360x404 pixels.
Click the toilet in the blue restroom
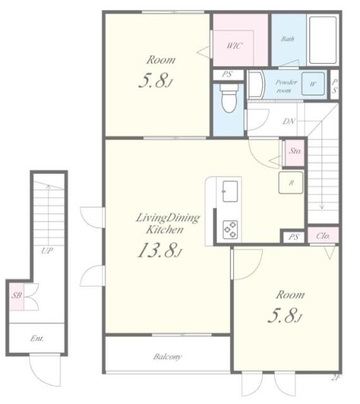[x=229, y=98]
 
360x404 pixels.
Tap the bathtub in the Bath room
[x=323, y=40]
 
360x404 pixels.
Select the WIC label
[x=234, y=46]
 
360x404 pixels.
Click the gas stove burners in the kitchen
[x=231, y=229]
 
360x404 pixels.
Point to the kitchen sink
[x=230, y=191]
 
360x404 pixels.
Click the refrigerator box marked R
[x=291, y=182]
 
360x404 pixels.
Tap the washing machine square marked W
[x=313, y=84]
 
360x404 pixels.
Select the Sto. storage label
[x=295, y=151]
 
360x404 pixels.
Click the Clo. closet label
[x=323, y=235]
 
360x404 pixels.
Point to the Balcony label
[x=167, y=357]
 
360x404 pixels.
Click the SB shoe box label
[x=17, y=295]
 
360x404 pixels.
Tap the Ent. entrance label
[x=37, y=338]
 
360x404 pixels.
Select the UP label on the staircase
[x=47, y=251]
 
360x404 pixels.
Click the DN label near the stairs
[x=289, y=121]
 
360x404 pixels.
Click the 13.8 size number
[x=158, y=250]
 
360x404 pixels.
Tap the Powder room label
[x=285, y=86]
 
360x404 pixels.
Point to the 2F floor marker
[x=335, y=378]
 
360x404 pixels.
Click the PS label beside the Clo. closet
[x=294, y=237]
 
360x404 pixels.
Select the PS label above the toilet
[x=227, y=74]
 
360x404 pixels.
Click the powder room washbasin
[x=256, y=84]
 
